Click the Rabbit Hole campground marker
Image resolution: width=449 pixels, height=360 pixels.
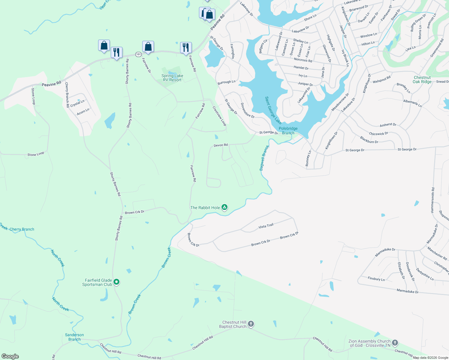coord(224,207)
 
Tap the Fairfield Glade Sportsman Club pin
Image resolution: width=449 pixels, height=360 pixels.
coord(117,282)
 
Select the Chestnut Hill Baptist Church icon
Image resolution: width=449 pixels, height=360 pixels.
coord(251,324)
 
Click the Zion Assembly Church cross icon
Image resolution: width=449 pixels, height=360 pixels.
coord(395,343)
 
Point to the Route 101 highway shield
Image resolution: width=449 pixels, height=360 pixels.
coord(138,54)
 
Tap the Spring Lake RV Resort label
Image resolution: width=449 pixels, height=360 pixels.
coord(172,78)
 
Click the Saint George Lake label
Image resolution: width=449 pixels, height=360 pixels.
coord(273,110)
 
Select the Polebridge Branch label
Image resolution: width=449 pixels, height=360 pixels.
coord(288,130)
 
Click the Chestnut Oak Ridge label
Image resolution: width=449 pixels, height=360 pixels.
coord(422,79)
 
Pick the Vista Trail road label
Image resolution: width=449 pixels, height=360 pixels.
coord(266,226)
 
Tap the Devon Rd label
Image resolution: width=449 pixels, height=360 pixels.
coord(221,145)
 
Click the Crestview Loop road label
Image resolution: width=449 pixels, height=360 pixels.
coord(219,116)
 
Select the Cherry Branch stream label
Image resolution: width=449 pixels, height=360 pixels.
coord(22,229)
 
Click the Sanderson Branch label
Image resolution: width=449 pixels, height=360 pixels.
coord(74,337)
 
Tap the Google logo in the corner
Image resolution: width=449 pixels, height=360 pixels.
coord(10,356)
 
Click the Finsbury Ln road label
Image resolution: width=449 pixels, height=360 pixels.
coord(376,279)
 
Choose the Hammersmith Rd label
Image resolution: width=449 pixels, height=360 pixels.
coord(432,200)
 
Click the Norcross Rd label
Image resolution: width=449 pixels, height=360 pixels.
coord(303,60)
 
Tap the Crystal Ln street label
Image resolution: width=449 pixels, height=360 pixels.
coord(77,103)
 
